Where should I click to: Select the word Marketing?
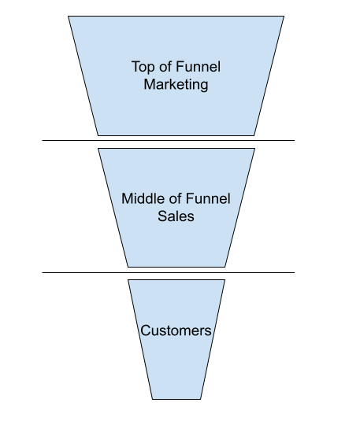coord(176,84)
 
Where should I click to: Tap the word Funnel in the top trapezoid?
coord(198,67)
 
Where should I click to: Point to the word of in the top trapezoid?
coord(165,67)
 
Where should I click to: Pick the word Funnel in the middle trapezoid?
coord(208,198)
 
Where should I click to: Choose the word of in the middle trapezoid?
coord(175,198)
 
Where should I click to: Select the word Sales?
coord(176,216)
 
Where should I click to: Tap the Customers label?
coord(176,330)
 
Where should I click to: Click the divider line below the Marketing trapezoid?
coord(169,141)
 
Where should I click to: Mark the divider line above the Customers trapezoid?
coord(169,273)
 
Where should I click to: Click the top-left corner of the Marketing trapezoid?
coord(69,17)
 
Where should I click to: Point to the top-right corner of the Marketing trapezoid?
coord(284,17)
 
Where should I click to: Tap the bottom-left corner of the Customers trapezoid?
coord(152,399)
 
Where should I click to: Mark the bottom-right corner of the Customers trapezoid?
coord(201,399)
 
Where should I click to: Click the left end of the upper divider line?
coord(43,141)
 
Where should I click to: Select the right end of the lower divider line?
coord(295,273)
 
